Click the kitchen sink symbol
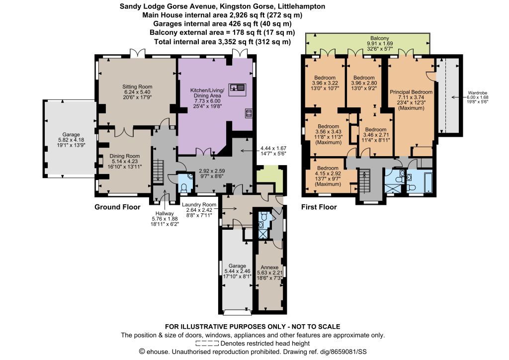click(x=237, y=90)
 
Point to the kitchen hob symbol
click(x=249, y=113)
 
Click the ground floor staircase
click(x=159, y=171)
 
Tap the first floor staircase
click(x=364, y=183)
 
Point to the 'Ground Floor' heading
click(x=117, y=207)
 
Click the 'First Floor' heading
click(x=319, y=207)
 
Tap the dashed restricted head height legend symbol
click(x=207, y=344)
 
